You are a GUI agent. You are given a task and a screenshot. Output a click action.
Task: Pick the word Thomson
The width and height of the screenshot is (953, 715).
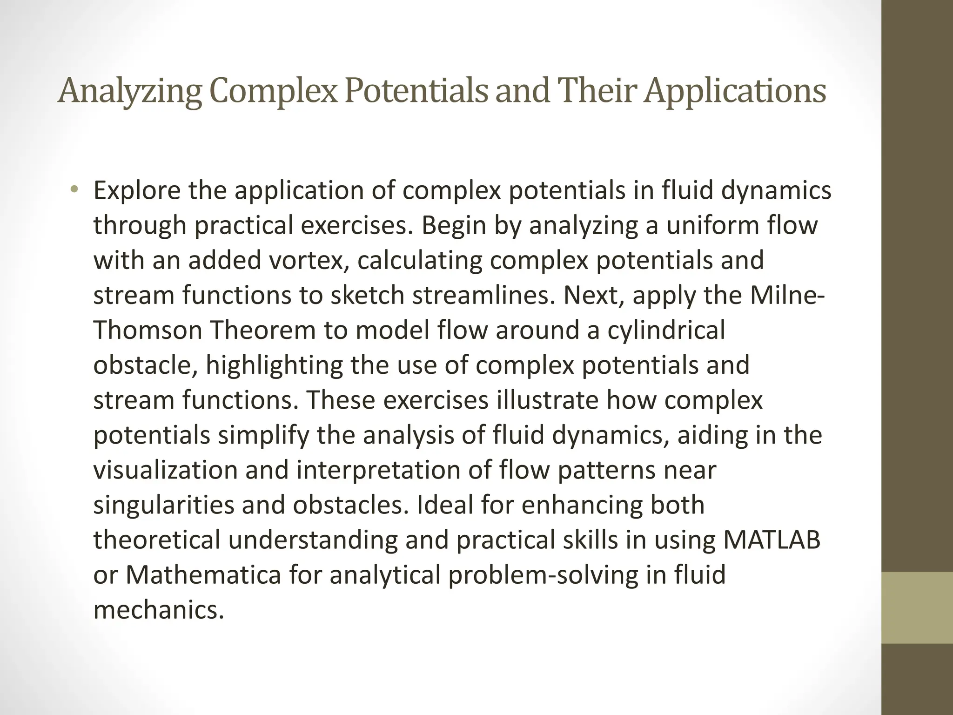[x=148, y=331]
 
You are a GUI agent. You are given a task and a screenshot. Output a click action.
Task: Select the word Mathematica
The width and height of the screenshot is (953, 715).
[x=203, y=575]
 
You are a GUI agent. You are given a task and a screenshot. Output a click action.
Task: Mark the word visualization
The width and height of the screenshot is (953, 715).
[x=165, y=470]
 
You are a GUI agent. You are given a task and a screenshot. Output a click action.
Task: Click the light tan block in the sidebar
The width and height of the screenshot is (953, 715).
[x=917, y=608]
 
